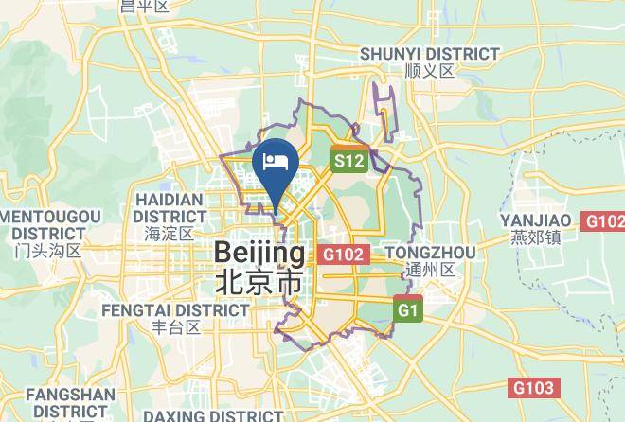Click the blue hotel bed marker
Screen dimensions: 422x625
tap(277, 162)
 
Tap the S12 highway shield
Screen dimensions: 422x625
tap(348, 161)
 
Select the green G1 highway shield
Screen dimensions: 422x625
tap(408, 309)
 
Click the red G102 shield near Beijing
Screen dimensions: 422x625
tap(343, 254)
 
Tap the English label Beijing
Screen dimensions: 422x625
tap(260, 253)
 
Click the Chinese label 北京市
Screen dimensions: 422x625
tap(260, 283)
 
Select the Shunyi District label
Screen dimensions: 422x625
tap(429, 54)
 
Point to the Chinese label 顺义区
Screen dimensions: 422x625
tap(429, 71)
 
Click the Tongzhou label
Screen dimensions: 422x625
tap(430, 253)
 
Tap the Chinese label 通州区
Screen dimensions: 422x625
tap(429, 270)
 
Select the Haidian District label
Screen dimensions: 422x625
tap(170, 208)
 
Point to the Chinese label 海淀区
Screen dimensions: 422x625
tap(170, 233)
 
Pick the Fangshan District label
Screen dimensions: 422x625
tap(71, 403)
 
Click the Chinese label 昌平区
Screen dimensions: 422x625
tap(144, 7)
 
